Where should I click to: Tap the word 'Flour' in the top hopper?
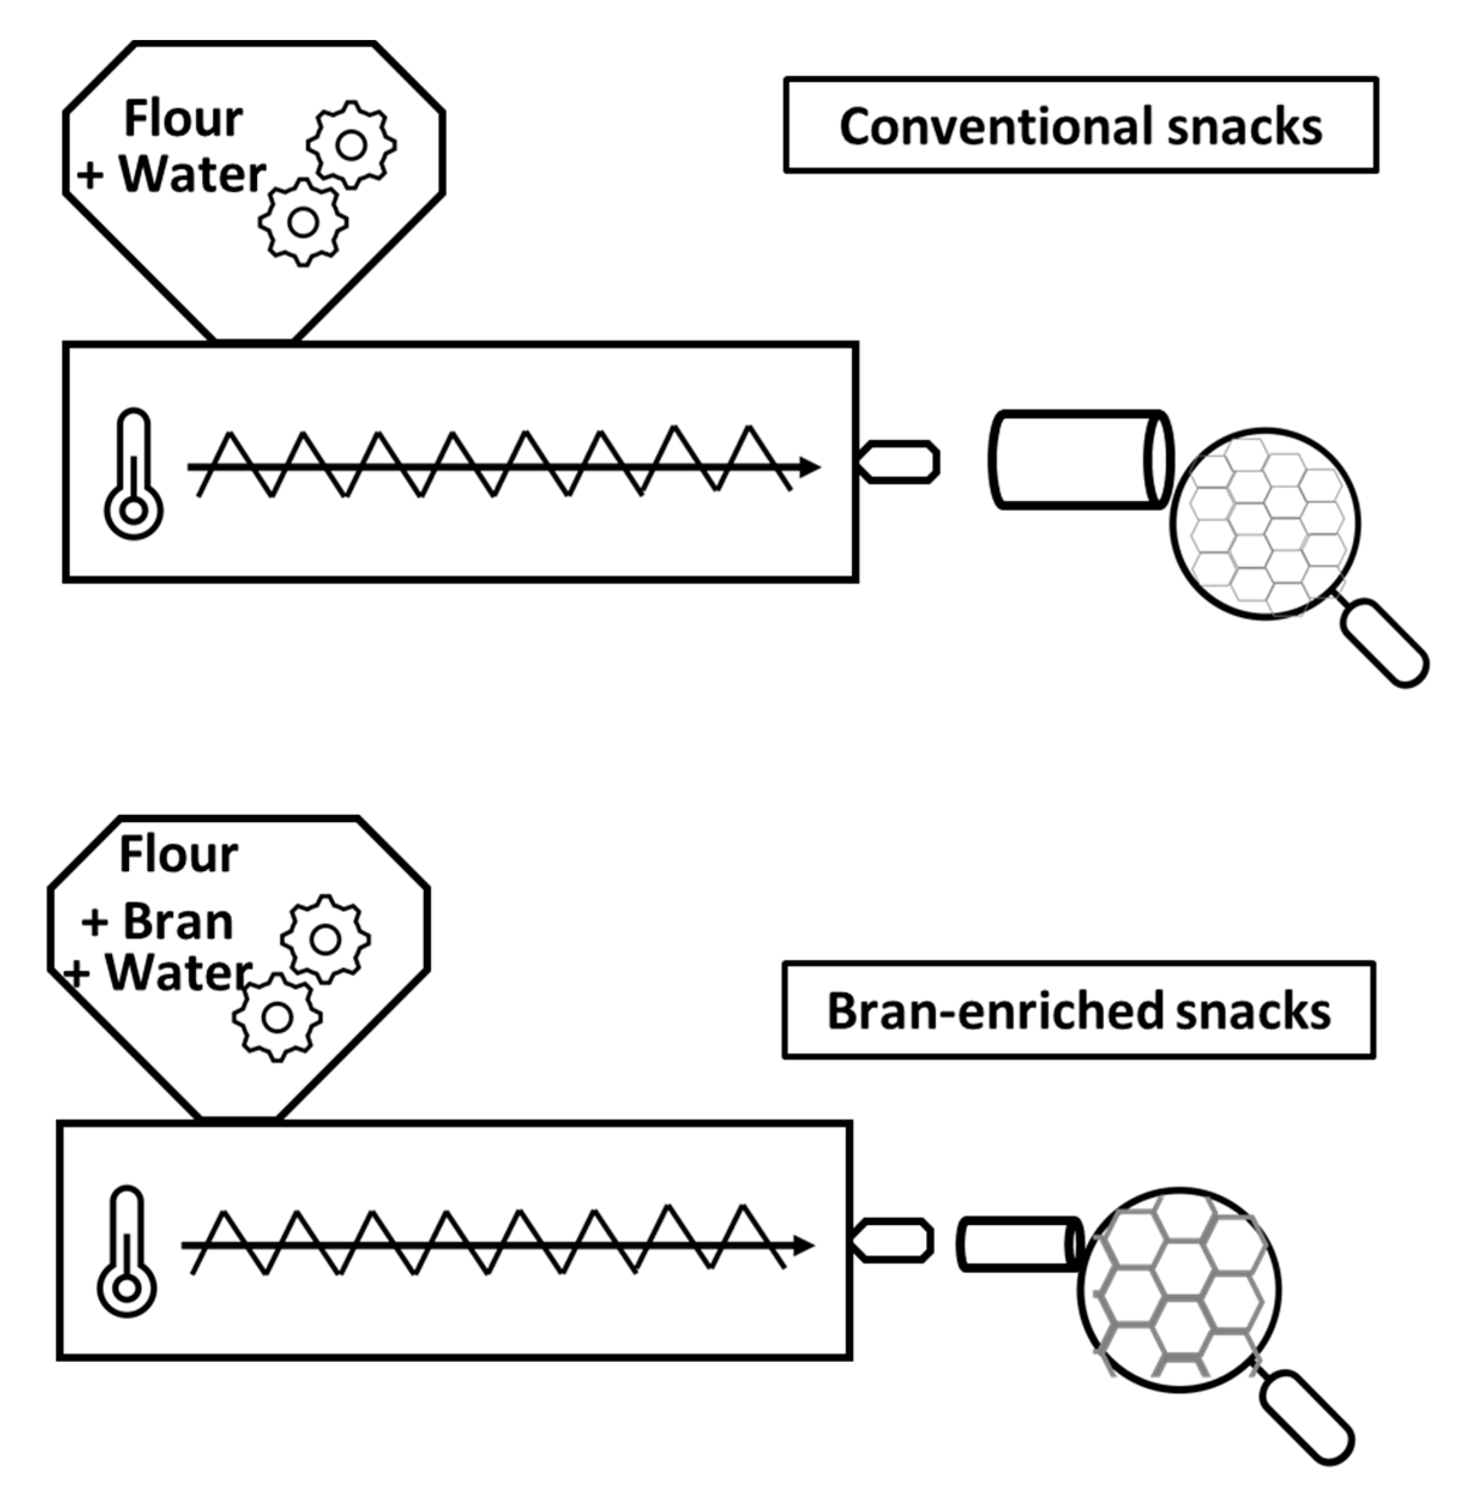pos(183,119)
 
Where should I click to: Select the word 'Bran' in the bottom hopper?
pos(177,921)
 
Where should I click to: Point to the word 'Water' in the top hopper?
pos(192,174)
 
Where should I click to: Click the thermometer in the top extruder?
pos(134,474)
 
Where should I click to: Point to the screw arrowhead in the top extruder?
pos(810,467)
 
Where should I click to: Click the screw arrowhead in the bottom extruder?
pos(804,1245)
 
